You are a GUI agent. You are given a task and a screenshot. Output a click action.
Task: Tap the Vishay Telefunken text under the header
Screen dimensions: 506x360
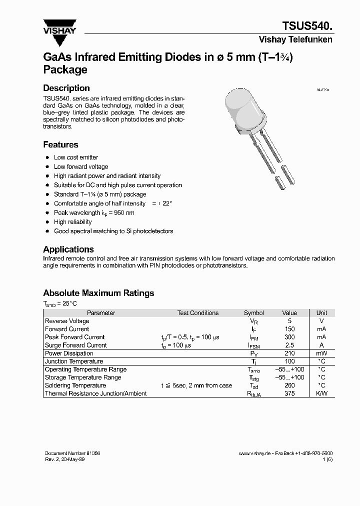295,39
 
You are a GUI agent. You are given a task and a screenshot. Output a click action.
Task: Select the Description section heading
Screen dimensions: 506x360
66,88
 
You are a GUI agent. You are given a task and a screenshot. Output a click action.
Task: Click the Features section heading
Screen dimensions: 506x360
60,144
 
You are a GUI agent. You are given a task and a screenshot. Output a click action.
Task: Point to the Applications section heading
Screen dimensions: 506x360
68,249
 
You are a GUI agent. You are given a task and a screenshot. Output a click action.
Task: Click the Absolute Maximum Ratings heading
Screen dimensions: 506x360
98,293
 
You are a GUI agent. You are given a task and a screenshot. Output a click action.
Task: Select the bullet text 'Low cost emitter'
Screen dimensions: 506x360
76,157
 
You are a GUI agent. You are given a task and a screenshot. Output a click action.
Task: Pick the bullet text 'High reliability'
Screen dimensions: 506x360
73,221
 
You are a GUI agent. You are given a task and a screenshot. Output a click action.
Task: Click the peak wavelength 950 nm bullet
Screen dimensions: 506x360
94,212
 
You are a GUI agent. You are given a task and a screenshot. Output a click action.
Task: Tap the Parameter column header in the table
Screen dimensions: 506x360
101,313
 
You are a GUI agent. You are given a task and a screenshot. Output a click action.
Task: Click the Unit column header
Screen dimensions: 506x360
321,313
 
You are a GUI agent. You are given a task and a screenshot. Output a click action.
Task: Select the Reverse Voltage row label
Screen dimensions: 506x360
67,321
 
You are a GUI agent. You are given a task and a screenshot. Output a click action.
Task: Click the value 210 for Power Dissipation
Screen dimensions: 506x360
289,353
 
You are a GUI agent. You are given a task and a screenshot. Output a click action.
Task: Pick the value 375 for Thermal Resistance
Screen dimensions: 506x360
289,393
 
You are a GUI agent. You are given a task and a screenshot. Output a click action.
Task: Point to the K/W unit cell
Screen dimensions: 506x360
321,393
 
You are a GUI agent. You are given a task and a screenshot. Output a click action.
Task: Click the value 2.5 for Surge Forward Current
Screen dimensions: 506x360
289,345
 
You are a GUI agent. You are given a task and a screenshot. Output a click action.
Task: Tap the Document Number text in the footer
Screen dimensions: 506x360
72,453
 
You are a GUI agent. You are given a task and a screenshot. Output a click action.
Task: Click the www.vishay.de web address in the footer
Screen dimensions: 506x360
254,453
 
